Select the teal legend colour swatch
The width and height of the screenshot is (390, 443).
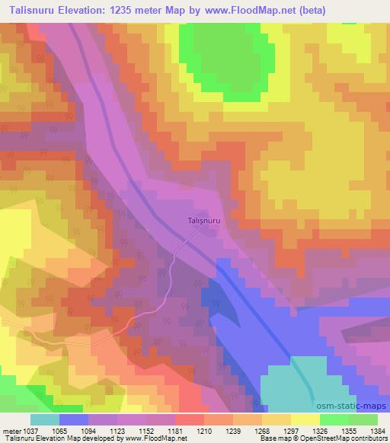45,419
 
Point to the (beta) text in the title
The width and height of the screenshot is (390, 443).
364,11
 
